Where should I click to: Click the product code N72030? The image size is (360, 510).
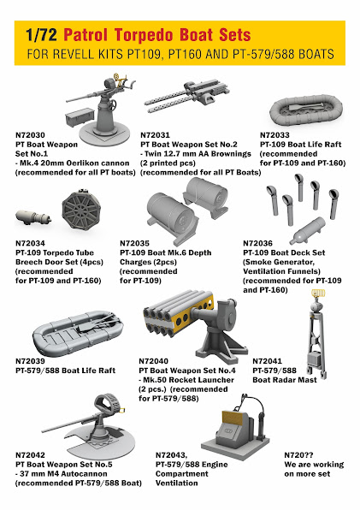click(30, 135)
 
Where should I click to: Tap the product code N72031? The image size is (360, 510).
click(155, 135)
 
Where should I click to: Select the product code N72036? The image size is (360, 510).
click(257, 243)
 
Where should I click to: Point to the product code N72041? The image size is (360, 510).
click(267, 361)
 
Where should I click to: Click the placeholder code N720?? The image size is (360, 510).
click(298, 455)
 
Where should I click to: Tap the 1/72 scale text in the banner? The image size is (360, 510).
click(41, 35)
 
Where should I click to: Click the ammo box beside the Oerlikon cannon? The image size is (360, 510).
click(80, 116)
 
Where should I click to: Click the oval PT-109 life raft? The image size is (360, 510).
click(306, 110)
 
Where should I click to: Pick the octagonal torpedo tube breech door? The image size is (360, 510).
click(81, 210)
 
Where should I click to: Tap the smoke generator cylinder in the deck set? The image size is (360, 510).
click(307, 230)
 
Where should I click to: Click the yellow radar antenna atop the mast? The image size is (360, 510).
click(318, 294)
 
